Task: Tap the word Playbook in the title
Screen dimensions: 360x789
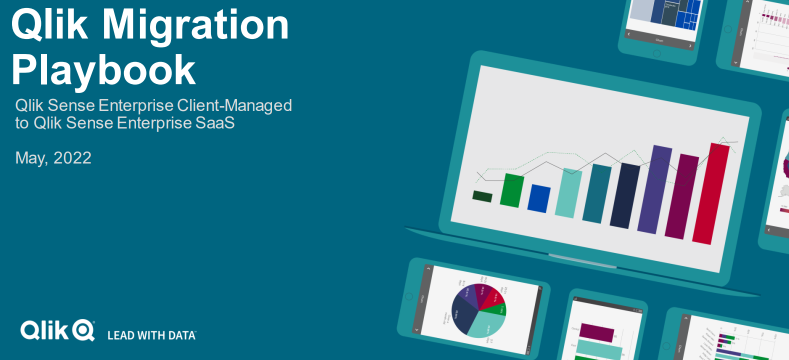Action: click(x=103, y=70)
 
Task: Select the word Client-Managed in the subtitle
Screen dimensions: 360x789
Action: click(x=234, y=105)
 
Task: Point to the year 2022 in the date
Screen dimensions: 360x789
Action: click(x=72, y=158)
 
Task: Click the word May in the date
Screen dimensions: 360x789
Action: click(x=31, y=158)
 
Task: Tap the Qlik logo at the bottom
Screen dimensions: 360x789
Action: click(x=57, y=330)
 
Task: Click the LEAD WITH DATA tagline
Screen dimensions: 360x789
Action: click(x=151, y=335)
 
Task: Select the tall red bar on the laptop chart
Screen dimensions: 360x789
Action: click(x=710, y=194)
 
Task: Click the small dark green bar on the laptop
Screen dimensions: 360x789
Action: click(x=482, y=196)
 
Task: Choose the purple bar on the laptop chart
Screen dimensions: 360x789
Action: click(x=654, y=190)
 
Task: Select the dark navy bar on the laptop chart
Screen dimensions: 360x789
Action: click(x=624, y=196)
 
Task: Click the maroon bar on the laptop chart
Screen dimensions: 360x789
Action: click(x=681, y=196)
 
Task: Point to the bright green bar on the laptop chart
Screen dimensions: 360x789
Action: click(x=512, y=190)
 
